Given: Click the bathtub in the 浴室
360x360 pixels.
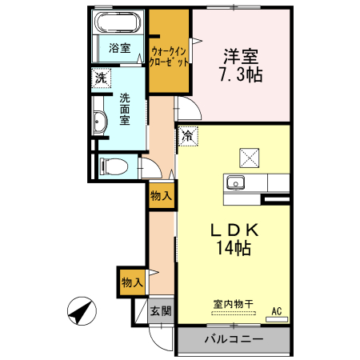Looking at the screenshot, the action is pyautogui.click(x=118, y=22).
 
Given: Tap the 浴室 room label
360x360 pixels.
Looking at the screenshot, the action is pyautogui.click(x=119, y=48).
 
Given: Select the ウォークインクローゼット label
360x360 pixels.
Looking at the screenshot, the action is pyautogui.click(x=169, y=56).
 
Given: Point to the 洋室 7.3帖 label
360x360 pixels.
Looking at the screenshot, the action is pyautogui.click(x=241, y=65).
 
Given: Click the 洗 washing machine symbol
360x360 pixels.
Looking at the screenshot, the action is pyautogui.click(x=101, y=78).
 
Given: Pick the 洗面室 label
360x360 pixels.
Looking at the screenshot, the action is pyautogui.click(x=125, y=109).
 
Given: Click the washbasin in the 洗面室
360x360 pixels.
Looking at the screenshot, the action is pyautogui.click(x=100, y=122).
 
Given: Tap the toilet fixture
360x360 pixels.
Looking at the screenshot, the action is pyautogui.click(x=114, y=166).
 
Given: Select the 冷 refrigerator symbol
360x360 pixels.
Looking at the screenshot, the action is pyautogui.click(x=188, y=136).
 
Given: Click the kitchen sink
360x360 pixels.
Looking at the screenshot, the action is pyautogui.click(x=235, y=183).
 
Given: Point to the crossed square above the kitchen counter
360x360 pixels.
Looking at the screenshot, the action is pyautogui.click(x=250, y=158).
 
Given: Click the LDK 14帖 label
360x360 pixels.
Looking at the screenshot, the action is pyautogui.click(x=234, y=239).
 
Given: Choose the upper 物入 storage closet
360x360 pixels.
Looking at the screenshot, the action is pyautogui.click(x=161, y=196).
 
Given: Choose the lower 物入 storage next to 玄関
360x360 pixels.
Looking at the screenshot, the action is pyautogui.click(x=132, y=282).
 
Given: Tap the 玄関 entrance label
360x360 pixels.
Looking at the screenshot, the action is pyautogui.click(x=161, y=311).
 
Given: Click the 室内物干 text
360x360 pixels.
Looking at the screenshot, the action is pyautogui.click(x=233, y=304).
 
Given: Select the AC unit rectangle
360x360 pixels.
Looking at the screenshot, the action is pyautogui.click(x=277, y=319).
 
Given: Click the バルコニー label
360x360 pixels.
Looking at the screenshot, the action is pyautogui.click(x=234, y=339).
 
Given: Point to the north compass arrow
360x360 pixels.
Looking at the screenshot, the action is pyautogui.click(x=82, y=311).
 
